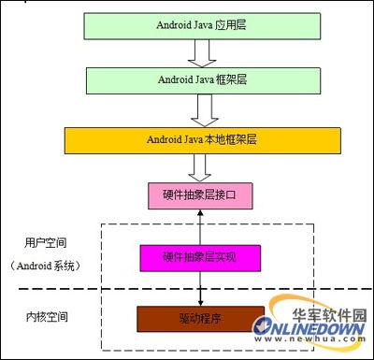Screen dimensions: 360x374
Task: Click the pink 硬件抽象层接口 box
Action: pyautogui.click(x=201, y=194)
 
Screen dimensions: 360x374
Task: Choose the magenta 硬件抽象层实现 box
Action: pyautogui.click(x=200, y=256)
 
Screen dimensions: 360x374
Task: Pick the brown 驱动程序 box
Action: pyautogui.click(x=199, y=320)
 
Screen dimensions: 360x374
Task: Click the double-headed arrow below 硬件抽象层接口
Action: pyautogui.click(x=200, y=225)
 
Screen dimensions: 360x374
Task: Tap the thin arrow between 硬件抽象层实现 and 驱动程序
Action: pyautogui.click(x=200, y=288)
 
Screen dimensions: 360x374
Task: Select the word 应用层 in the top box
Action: pyautogui.click(x=223, y=26)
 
